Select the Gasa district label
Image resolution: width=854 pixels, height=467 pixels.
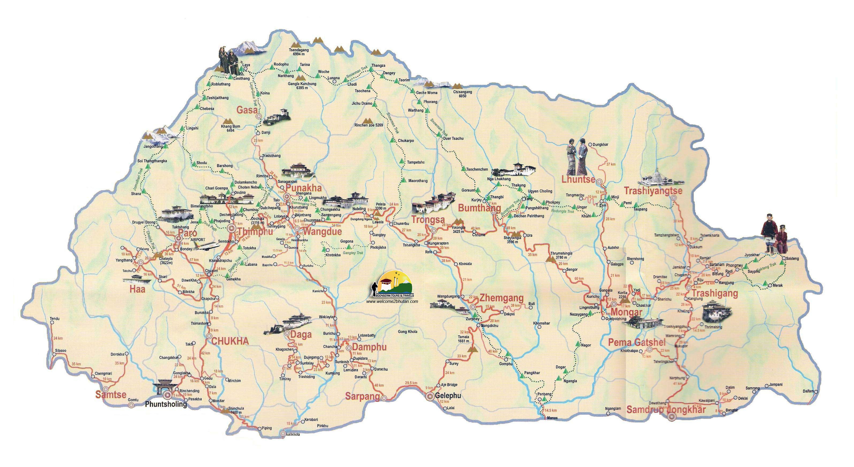tap(247, 110)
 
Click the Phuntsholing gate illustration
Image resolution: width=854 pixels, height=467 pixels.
tap(165, 387)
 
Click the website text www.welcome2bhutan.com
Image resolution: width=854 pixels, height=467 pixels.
tap(392, 301)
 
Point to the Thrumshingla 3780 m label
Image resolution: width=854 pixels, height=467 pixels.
tap(561, 255)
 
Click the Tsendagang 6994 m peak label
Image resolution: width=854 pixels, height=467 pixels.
tap(299, 52)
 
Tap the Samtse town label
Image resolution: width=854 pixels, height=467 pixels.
tap(111, 395)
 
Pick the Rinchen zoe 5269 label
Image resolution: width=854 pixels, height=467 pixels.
tap(369, 125)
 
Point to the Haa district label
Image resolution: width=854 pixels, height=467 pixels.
tap(137, 289)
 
